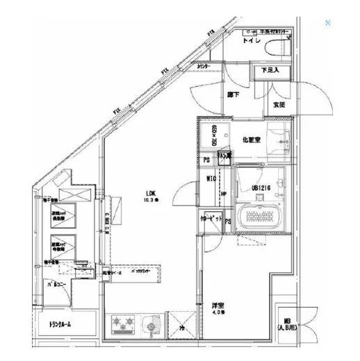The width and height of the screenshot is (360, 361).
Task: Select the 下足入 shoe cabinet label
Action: [270, 70]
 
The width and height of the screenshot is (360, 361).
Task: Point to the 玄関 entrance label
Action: [279, 105]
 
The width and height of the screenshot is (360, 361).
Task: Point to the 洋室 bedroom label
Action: [218, 305]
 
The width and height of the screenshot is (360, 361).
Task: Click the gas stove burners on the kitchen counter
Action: [123, 324]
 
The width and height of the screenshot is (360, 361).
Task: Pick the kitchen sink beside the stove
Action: [149, 324]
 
